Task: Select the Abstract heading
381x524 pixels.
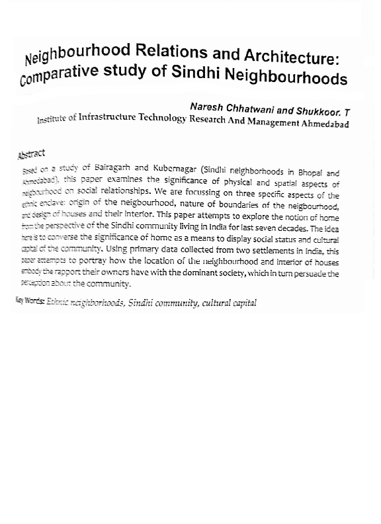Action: click(x=32, y=154)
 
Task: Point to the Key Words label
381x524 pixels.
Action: click(x=30, y=301)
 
